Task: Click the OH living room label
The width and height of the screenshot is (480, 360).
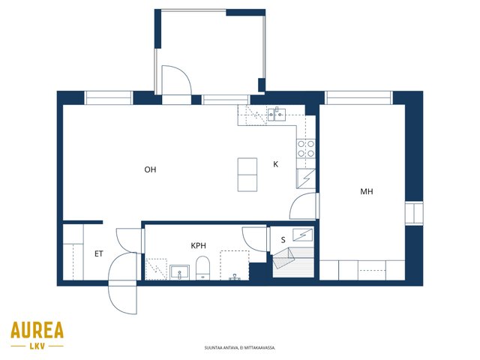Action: coord(150,169)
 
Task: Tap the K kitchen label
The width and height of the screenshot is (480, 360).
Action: coord(275,164)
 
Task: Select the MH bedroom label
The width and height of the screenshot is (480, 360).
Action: coord(367,192)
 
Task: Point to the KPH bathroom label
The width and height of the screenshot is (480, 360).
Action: coord(198,245)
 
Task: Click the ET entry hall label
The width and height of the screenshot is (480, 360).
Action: coord(98,253)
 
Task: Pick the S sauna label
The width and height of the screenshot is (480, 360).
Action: coord(283,240)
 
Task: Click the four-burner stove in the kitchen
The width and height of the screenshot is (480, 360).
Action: coord(306,148)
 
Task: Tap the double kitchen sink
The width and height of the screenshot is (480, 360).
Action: coord(277,115)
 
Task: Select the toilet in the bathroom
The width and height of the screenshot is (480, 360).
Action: coord(202,268)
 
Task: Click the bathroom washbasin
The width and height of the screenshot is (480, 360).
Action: coord(179,272)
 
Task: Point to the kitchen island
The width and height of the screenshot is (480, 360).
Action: coord(247,175)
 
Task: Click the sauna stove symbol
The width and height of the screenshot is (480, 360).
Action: coord(302,235)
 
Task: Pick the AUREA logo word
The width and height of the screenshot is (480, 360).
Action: coord(37,330)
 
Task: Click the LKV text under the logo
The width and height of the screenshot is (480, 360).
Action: coord(37,346)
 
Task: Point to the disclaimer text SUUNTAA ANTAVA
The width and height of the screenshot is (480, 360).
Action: coord(240,348)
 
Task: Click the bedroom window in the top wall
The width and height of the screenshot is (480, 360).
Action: coord(358,97)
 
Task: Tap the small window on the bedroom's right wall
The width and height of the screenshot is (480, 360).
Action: coord(414,213)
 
